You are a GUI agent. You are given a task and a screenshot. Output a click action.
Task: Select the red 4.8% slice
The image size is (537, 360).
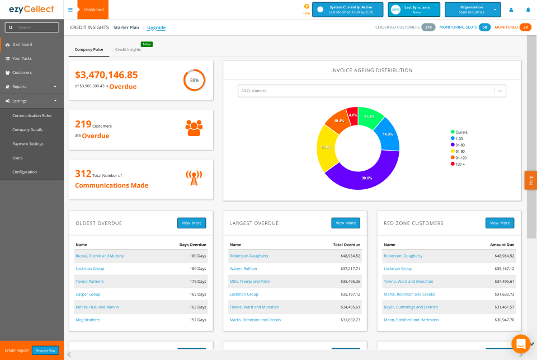click(352, 115)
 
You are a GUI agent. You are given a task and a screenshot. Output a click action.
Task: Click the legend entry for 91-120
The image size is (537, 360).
click(461, 158)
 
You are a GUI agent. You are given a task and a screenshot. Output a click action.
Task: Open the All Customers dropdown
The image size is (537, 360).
click(371, 91)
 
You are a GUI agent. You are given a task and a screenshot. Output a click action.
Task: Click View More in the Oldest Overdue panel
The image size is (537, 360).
click(191, 223)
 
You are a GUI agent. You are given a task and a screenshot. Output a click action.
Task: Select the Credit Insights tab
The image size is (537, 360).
click(128, 49)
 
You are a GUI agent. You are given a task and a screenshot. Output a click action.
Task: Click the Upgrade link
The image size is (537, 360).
click(156, 27)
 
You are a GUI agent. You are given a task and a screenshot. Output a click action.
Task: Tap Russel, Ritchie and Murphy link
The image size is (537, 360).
click(100, 256)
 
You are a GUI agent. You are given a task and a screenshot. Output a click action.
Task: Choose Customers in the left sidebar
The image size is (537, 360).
click(22, 73)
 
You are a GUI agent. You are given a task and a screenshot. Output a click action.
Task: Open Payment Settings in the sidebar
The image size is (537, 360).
click(28, 144)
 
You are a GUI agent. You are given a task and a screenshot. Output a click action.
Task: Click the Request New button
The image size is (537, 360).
click(45, 350)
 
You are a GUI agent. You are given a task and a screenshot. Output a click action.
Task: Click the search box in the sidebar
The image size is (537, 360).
click(32, 27)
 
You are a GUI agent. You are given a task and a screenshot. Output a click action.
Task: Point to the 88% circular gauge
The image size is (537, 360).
click(194, 80)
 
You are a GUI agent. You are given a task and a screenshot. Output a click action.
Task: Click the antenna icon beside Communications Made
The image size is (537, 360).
click(194, 178)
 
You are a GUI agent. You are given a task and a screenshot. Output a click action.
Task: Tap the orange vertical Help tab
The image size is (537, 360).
click(530, 180)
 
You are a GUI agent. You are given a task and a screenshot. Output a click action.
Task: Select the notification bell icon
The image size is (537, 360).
click(527, 10)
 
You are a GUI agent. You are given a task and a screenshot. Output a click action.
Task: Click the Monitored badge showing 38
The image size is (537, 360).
click(525, 27)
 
